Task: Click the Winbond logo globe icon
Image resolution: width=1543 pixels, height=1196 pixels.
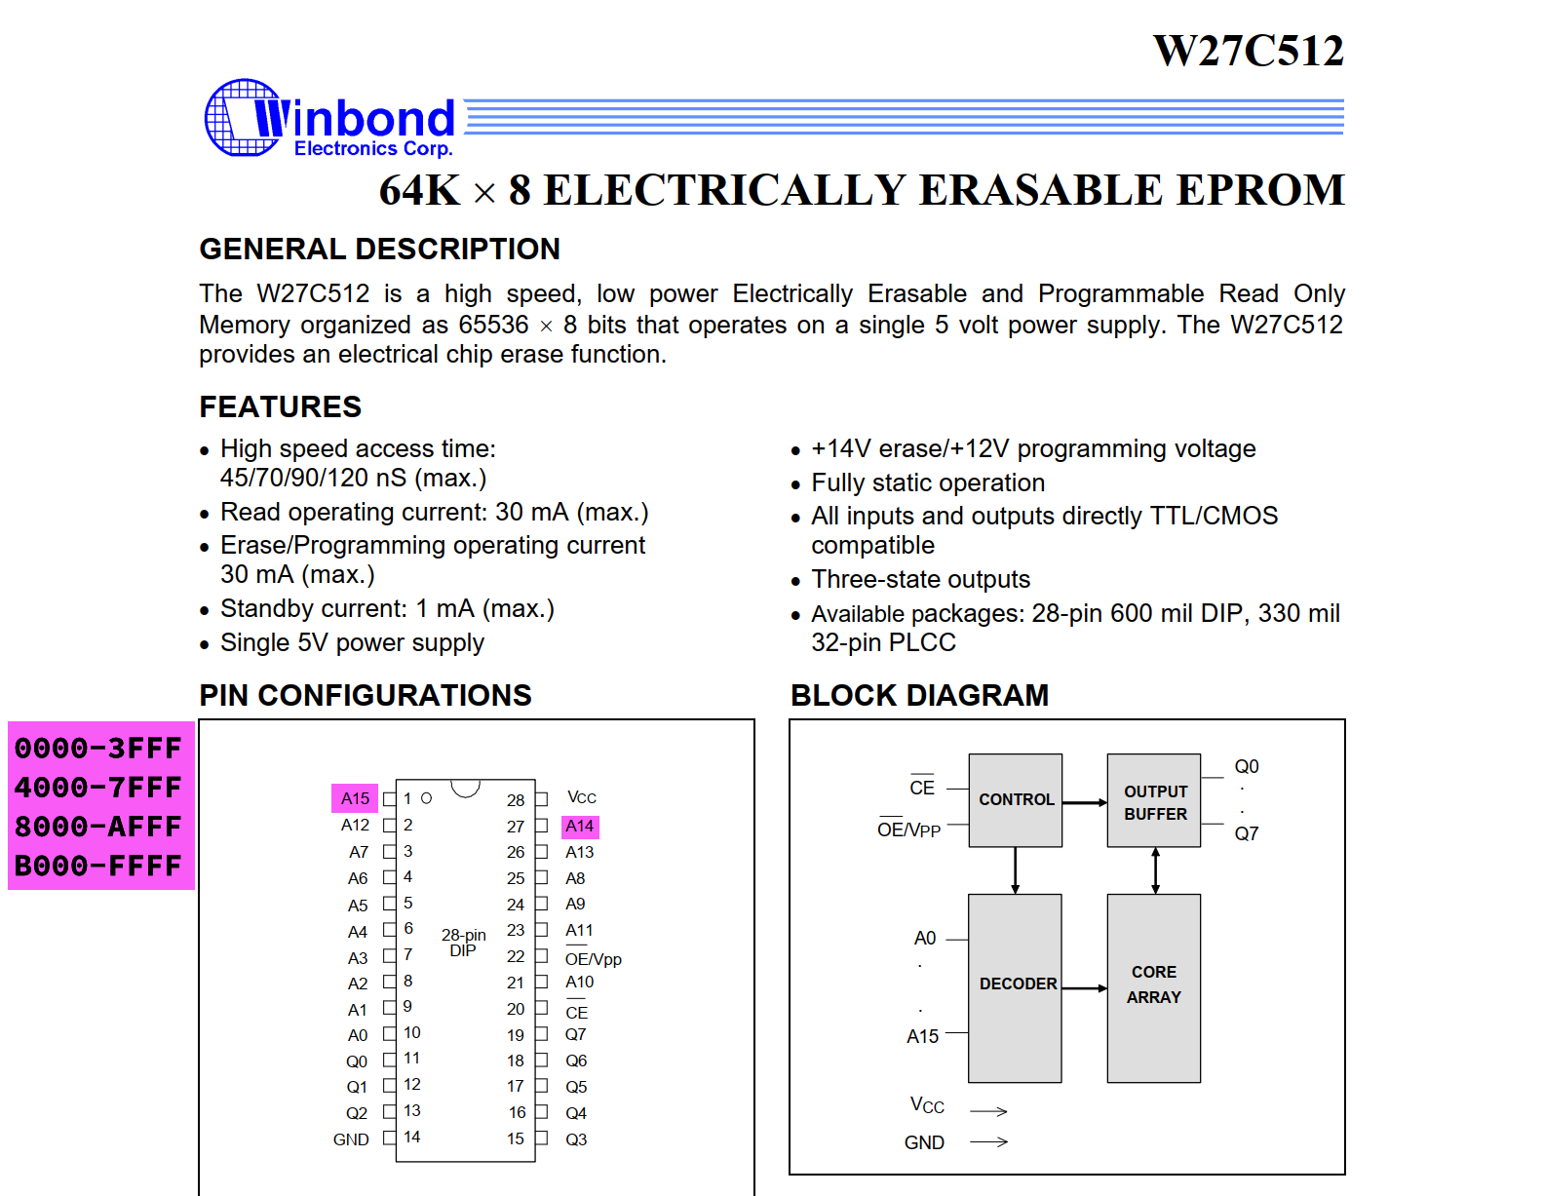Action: click(x=242, y=117)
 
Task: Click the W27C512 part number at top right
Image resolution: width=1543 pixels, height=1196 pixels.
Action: click(x=1248, y=51)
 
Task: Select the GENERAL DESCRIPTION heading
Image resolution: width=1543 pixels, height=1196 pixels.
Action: click(x=379, y=250)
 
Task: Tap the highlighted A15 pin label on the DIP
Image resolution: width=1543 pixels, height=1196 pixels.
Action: click(x=355, y=798)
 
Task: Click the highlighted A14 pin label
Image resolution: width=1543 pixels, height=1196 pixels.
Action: click(x=580, y=827)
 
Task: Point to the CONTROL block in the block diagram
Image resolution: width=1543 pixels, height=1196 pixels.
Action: click(x=1016, y=799)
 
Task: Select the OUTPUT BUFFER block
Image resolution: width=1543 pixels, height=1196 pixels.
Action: click(x=1154, y=801)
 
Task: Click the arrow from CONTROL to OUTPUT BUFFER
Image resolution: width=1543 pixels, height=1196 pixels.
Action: click(x=1084, y=802)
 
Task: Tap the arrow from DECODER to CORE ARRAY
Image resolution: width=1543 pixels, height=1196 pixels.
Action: click(x=1084, y=988)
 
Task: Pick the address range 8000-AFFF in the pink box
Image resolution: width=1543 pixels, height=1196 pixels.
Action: click(x=98, y=827)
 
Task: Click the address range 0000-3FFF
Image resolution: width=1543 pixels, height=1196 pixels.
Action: click(x=98, y=748)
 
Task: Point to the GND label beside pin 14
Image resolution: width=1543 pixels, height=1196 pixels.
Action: click(x=351, y=1139)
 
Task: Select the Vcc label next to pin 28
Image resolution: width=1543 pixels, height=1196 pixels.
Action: click(x=582, y=797)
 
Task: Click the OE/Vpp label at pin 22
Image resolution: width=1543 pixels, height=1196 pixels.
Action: click(x=593, y=959)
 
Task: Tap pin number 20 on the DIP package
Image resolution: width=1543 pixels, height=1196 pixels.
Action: click(x=516, y=1009)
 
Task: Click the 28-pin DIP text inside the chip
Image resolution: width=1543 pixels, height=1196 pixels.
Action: click(x=463, y=943)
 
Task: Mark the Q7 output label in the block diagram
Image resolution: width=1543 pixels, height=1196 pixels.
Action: click(x=1246, y=833)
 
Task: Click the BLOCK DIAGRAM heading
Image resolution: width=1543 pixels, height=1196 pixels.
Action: click(x=919, y=695)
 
